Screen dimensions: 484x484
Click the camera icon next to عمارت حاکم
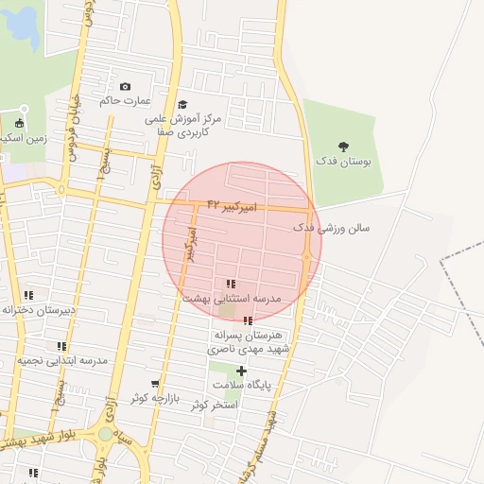pyautogui.click(x=126, y=87)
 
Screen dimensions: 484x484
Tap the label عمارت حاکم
pyautogui.click(x=126, y=101)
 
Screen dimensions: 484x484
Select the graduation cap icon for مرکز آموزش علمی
pyautogui.click(x=182, y=104)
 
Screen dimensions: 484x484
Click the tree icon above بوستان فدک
pyautogui.click(x=342, y=147)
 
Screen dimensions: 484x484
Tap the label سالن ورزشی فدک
pyautogui.click(x=331, y=228)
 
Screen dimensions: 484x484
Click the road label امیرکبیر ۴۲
pyautogui.click(x=226, y=205)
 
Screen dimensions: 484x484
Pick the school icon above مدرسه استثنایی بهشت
pyautogui.click(x=231, y=284)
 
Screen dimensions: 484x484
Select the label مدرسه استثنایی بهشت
pyautogui.click(x=233, y=298)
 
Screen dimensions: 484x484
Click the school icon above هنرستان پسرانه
pyautogui.click(x=249, y=321)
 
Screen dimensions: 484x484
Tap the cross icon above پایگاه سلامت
pyautogui.click(x=241, y=371)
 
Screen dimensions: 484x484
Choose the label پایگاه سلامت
pyautogui.click(x=241, y=386)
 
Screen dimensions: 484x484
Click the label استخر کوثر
pyautogui.click(x=213, y=405)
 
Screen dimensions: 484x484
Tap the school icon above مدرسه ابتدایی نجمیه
pyautogui.click(x=61, y=347)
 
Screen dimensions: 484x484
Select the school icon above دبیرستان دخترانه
pyautogui.click(x=28, y=295)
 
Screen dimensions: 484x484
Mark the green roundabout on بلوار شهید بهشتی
pyautogui.click(x=105, y=434)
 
